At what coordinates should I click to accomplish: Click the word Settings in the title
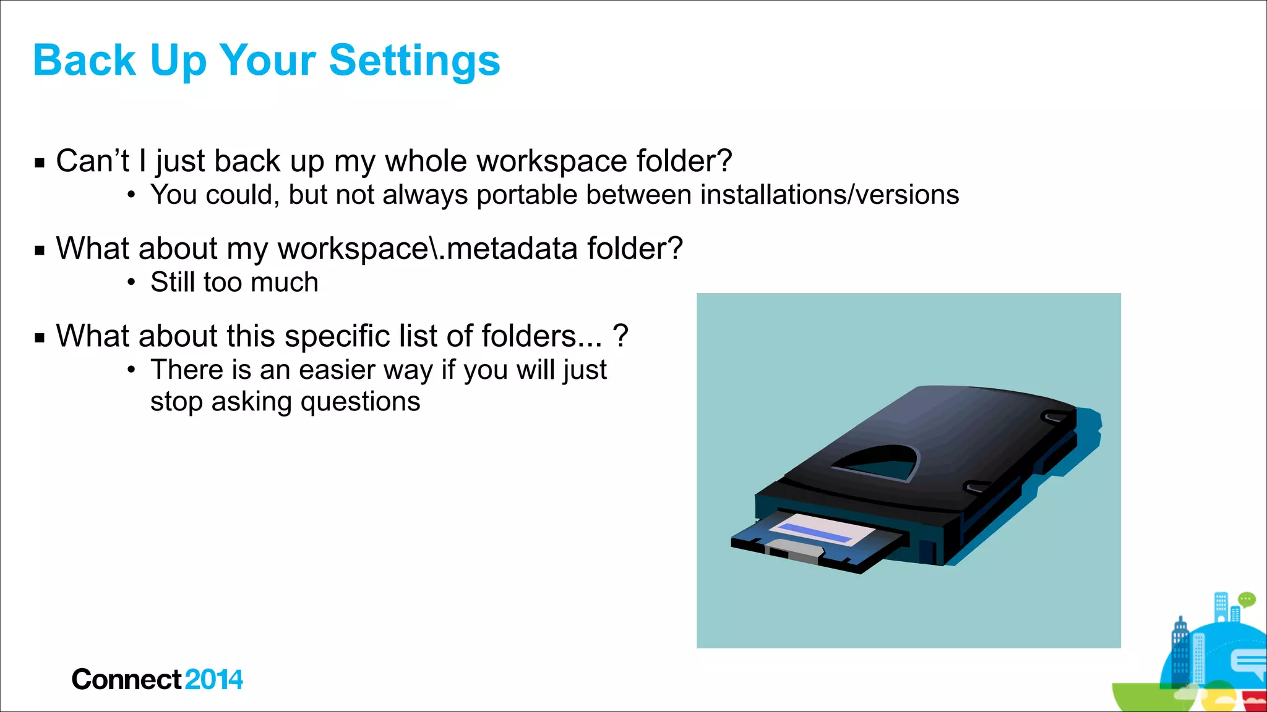click(x=414, y=61)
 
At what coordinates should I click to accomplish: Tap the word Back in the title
click(x=84, y=61)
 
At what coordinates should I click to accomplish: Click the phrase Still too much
click(x=234, y=283)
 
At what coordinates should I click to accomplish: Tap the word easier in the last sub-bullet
click(x=337, y=370)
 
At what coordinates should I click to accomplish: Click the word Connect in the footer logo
click(x=126, y=680)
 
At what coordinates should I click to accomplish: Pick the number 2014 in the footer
click(x=213, y=680)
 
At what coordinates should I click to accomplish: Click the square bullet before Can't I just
click(x=40, y=164)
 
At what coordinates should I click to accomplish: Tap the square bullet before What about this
click(x=40, y=339)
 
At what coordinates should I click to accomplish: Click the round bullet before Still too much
click(x=131, y=283)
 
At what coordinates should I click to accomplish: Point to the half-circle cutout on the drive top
click(x=878, y=464)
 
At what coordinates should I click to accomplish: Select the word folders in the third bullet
click(x=529, y=337)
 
